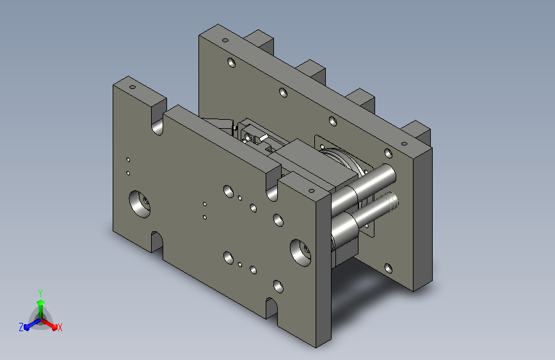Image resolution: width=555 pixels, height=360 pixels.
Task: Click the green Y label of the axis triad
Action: click(x=40, y=293)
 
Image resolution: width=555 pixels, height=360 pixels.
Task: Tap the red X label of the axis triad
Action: click(x=60, y=327)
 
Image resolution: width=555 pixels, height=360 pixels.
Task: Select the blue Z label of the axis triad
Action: click(x=21, y=327)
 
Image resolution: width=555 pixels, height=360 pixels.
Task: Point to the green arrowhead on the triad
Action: click(x=41, y=302)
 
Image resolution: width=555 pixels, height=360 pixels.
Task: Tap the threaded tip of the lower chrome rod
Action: click(x=392, y=201)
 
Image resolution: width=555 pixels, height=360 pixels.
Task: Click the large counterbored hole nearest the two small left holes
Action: click(x=140, y=204)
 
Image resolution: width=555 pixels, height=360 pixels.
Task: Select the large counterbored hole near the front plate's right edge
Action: click(x=300, y=253)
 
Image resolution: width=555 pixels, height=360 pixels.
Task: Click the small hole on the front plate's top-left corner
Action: click(x=133, y=87)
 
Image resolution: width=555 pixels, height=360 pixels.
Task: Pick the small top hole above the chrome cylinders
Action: click(x=312, y=191)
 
